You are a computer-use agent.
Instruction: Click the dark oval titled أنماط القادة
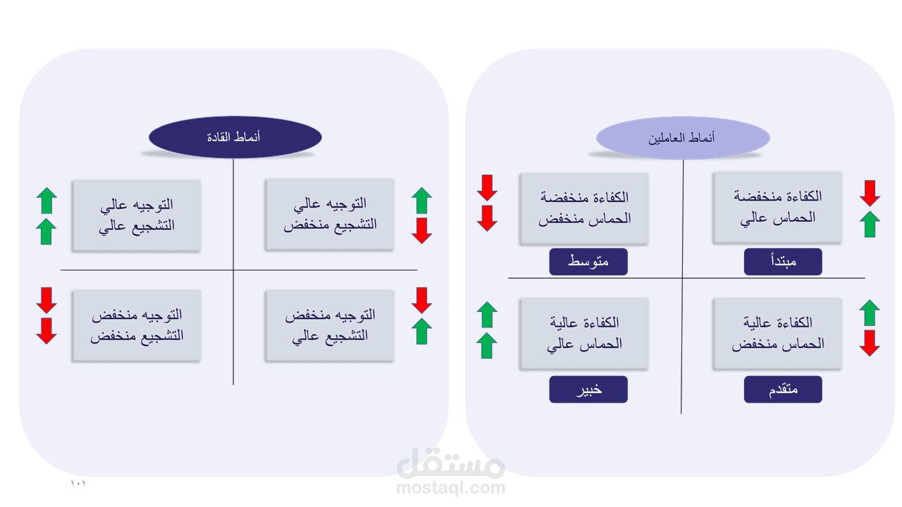[x=234, y=137]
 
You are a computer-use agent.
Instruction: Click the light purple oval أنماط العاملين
[x=682, y=137]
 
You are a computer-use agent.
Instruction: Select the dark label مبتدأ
[x=783, y=262]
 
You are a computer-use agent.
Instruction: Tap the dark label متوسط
[x=588, y=262]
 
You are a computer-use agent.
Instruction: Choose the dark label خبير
[x=588, y=389]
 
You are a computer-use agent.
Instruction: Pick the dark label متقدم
[x=783, y=389]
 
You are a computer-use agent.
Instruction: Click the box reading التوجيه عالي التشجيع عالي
[x=136, y=215]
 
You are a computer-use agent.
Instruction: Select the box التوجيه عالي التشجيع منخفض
[x=330, y=215]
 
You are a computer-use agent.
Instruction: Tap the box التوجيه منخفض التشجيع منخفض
[x=136, y=325]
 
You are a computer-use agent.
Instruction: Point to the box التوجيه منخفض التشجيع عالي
[x=330, y=325]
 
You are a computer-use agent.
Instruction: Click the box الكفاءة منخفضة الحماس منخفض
[x=584, y=208]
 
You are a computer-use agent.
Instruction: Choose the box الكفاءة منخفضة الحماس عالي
[x=777, y=208]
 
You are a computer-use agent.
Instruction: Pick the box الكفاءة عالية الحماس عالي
[x=584, y=333]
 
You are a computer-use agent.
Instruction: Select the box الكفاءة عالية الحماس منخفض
[x=777, y=333]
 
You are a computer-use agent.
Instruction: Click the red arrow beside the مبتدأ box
[x=870, y=193]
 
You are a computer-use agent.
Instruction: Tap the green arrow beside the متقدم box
[x=870, y=313]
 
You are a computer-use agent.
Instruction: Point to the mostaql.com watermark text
[x=451, y=487]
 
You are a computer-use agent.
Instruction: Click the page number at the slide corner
[x=78, y=484]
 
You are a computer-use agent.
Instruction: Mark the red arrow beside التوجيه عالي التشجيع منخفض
[x=421, y=230]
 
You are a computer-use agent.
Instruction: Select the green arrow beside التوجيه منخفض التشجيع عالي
[x=421, y=331]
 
